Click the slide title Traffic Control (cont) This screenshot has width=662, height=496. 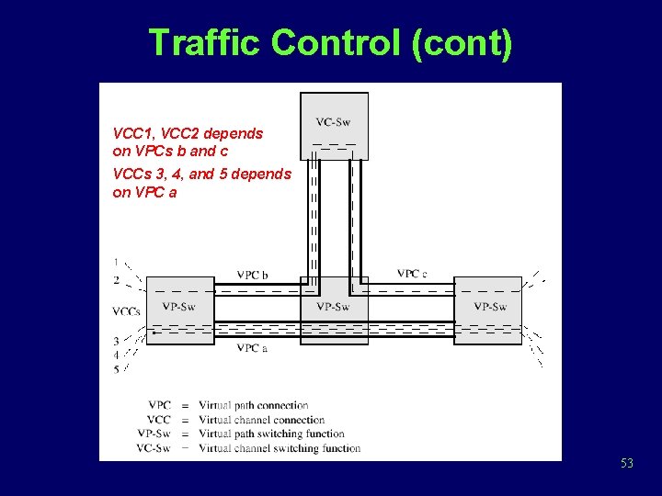pyautogui.click(x=330, y=42)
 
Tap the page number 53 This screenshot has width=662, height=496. pyautogui.click(x=626, y=464)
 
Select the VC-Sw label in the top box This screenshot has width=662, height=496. pyautogui.click(x=333, y=122)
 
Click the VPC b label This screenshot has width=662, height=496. pyautogui.click(x=252, y=275)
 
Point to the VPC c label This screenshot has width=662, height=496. pyautogui.click(x=412, y=274)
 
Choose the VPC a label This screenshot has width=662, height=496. pyautogui.click(x=252, y=348)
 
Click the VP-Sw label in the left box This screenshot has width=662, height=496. pyautogui.click(x=178, y=306)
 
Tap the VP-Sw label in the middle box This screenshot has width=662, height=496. pyautogui.click(x=333, y=306)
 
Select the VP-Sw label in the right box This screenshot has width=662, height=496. pyautogui.click(x=490, y=306)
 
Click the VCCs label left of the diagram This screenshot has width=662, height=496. pyautogui.click(x=126, y=311)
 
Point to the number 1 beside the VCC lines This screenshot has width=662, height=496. pyautogui.click(x=116, y=261)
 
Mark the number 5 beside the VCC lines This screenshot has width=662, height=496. pyautogui.click(x=116, y=369)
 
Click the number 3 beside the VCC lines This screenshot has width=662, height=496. pyautogui.click(x=116, y=341)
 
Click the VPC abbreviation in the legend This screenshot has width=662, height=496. pyautogui.click(x=159, y=405)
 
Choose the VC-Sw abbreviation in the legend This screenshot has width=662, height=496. pyautogui.click(x=154, y=448)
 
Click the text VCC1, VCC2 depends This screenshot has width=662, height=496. pyautogui.click(x=188, y=133)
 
